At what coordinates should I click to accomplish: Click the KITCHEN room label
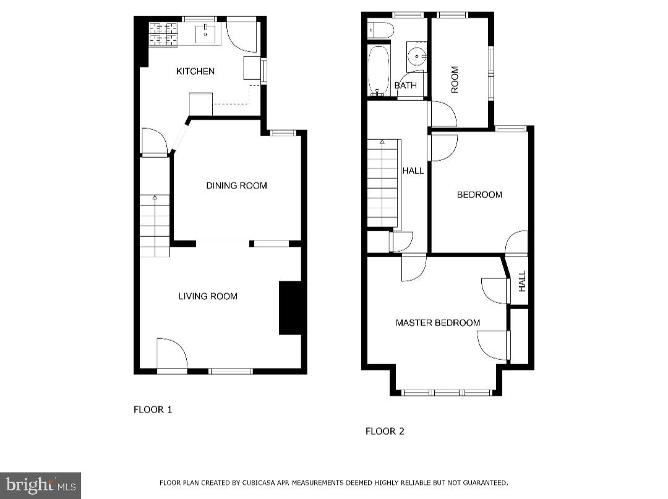195,71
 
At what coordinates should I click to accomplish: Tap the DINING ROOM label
236,186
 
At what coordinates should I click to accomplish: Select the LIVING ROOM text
208,296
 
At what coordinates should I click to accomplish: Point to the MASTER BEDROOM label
438,323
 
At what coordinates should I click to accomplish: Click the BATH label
406,86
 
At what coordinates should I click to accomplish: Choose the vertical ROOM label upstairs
455,80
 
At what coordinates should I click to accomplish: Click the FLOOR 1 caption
153,409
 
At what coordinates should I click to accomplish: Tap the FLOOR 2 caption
385,431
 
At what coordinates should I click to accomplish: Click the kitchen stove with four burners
163,35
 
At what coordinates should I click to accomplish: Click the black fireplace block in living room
290,308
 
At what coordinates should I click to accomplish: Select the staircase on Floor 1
154,225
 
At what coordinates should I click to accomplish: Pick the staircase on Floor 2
383,183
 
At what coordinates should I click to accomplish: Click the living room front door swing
172,354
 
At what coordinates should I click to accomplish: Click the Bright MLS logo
40,485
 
